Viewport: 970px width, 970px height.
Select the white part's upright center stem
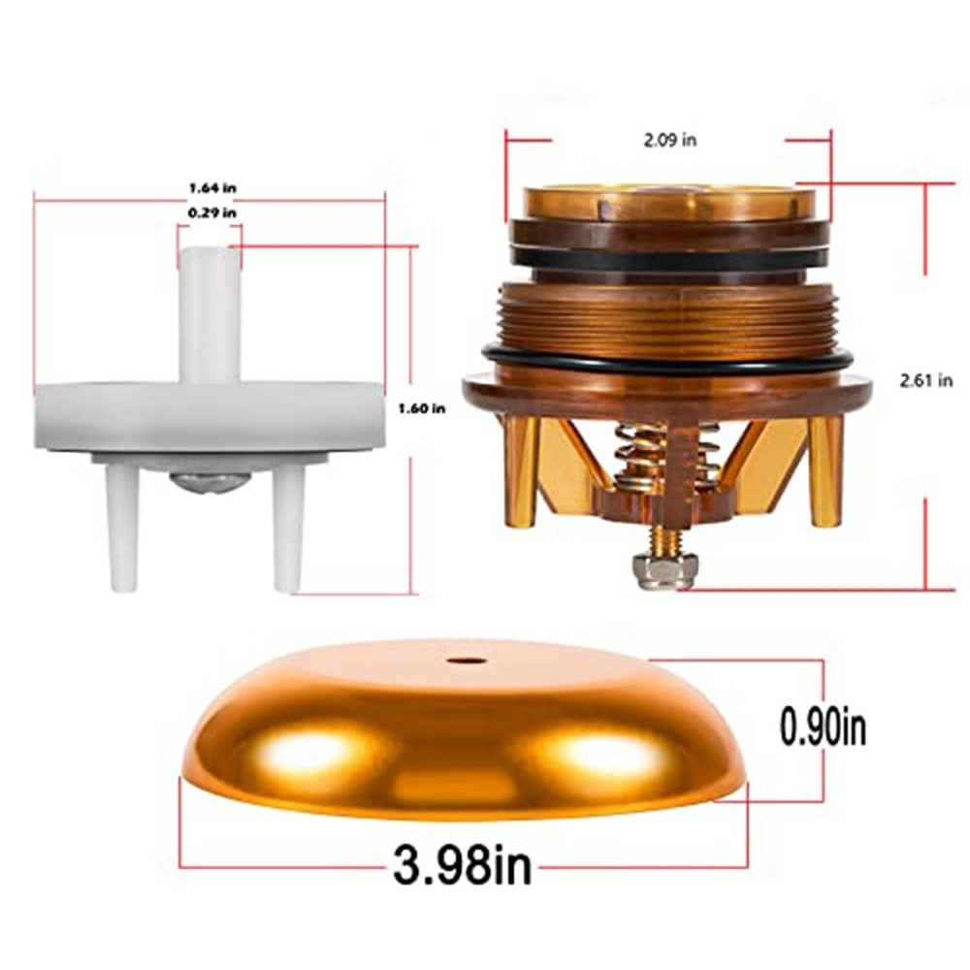tap(209, 315)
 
